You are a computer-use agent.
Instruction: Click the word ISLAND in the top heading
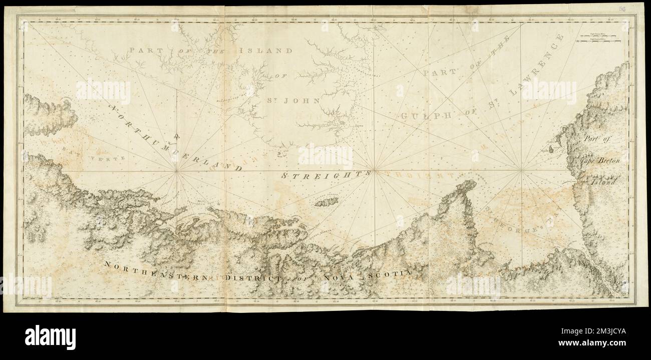(265, 51)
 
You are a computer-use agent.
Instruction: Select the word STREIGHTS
(320, 175)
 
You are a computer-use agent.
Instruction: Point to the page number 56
(635, 9)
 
